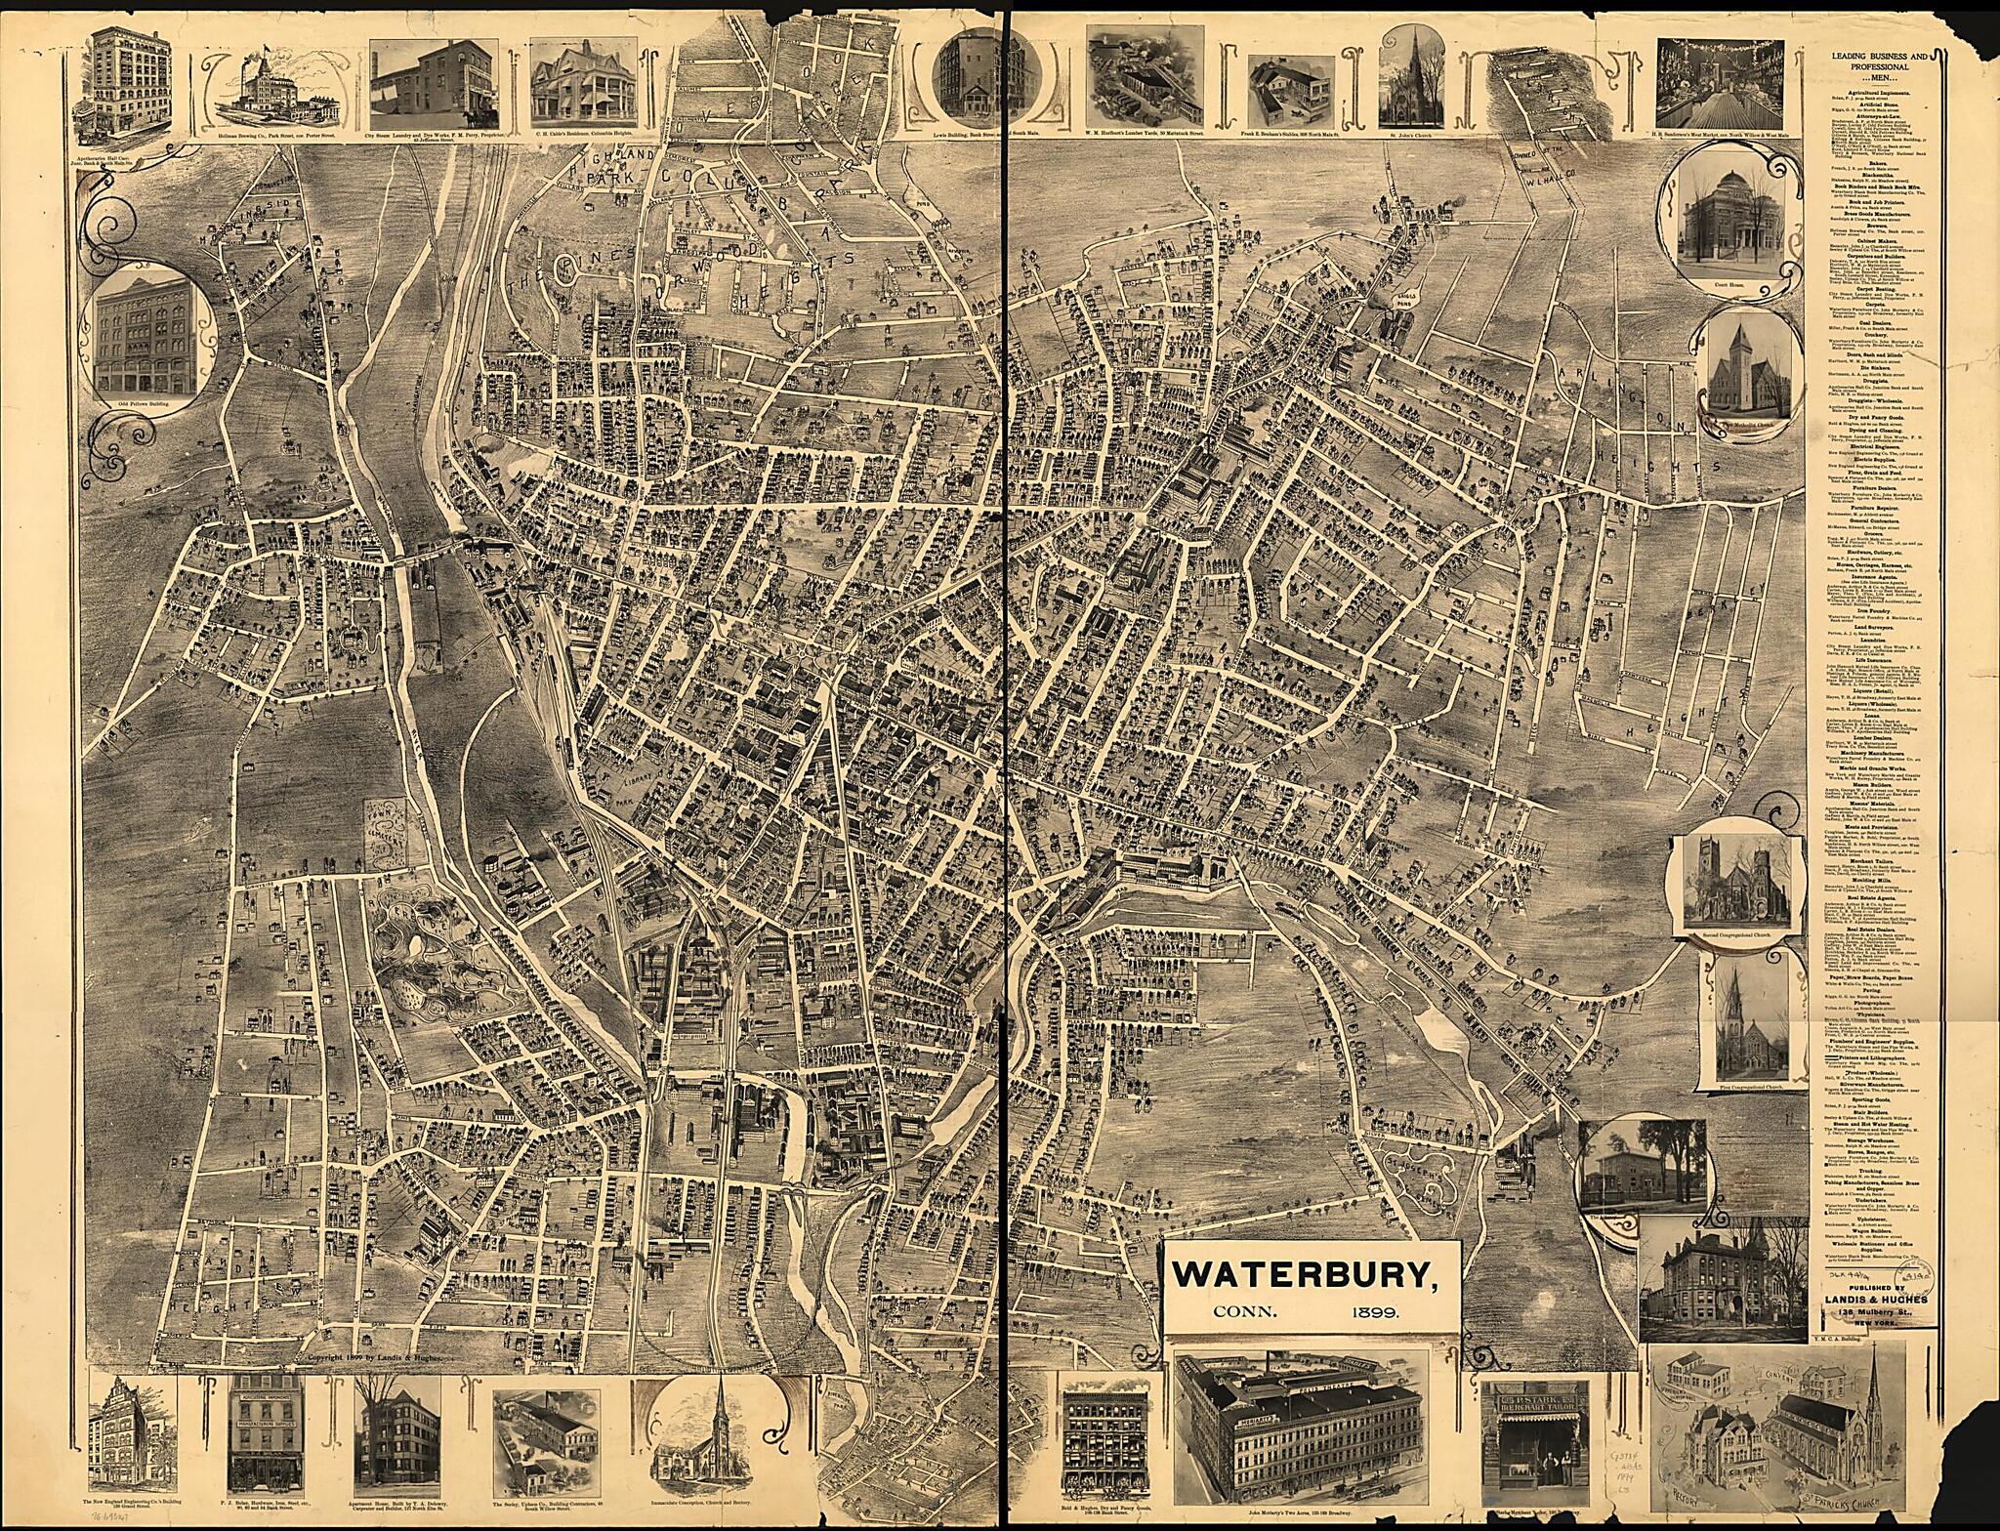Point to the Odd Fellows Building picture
(150, 337)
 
